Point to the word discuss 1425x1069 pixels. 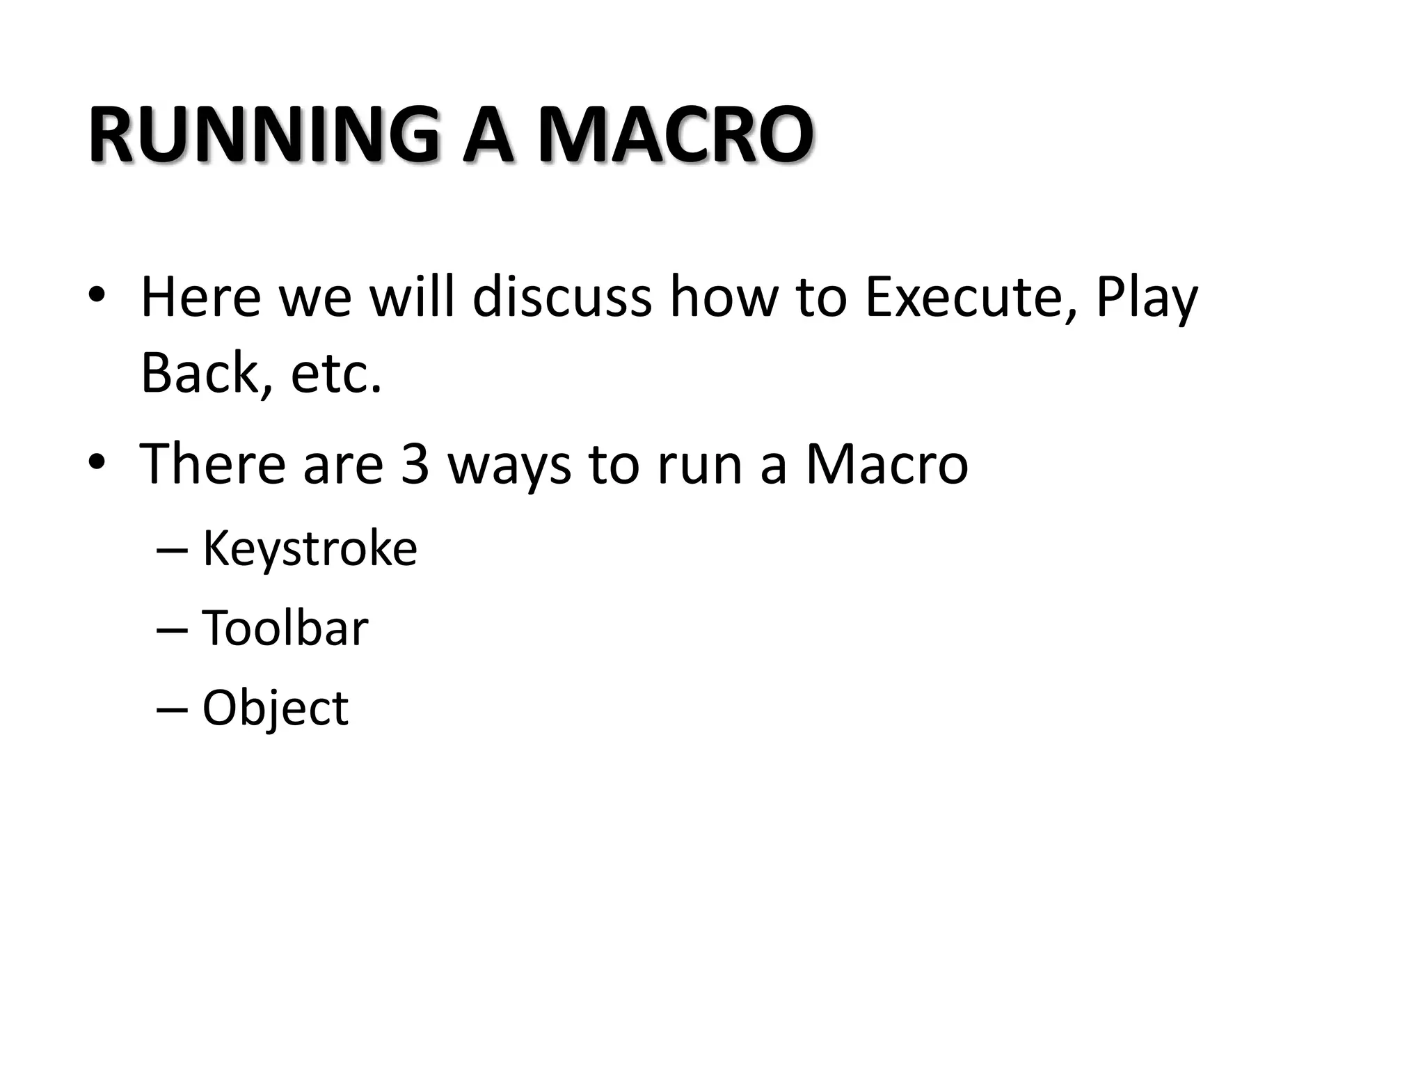pyautogui.click(x=562, y=298)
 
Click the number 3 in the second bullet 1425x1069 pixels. pyautogui.click(x=415, y=464)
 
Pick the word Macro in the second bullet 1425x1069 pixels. pyautogui.click(x=886, y=464)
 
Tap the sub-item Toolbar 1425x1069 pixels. pyautogui.click(x=285, y=628)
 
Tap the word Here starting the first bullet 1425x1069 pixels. pyautogui.click(x=200, y=298)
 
